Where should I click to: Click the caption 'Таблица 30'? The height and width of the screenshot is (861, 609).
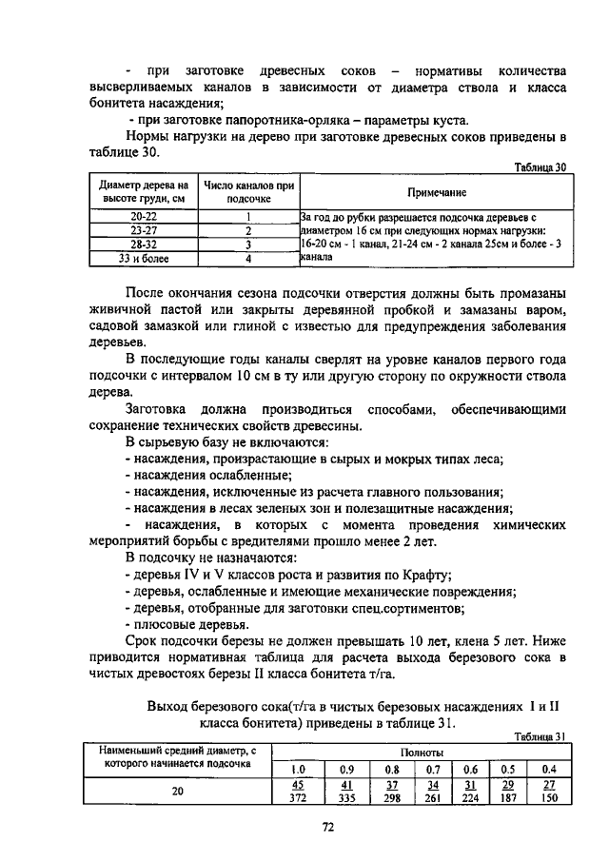coord(540,166)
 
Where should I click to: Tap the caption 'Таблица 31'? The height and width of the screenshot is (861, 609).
coord(540,735)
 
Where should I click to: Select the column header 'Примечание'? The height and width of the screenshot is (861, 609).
coord(436,192)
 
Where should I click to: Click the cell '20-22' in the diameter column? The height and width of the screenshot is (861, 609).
coord(144,216)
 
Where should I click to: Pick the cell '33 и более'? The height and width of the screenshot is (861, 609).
coord(144,257)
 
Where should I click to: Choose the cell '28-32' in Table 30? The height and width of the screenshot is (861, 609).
coord(144,244)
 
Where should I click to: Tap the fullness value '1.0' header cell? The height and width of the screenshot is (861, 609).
coord(299,769)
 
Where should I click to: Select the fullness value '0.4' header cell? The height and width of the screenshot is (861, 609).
coord(548,769)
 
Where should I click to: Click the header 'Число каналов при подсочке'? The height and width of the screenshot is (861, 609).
coord(247,191)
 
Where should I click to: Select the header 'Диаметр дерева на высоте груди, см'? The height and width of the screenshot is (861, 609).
coord(144,191)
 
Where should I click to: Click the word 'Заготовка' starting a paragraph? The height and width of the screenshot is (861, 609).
coord(158,408)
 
